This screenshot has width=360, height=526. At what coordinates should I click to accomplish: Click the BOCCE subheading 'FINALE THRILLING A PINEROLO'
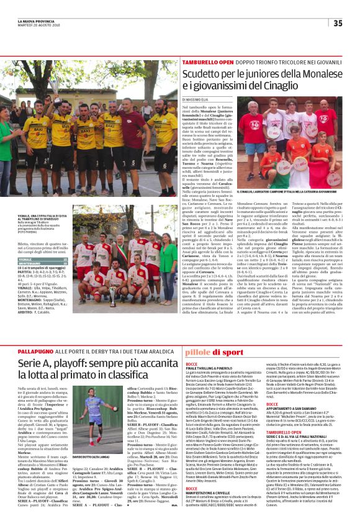pos(214,367)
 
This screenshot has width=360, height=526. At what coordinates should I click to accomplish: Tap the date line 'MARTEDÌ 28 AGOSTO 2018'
pos(32,25)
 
